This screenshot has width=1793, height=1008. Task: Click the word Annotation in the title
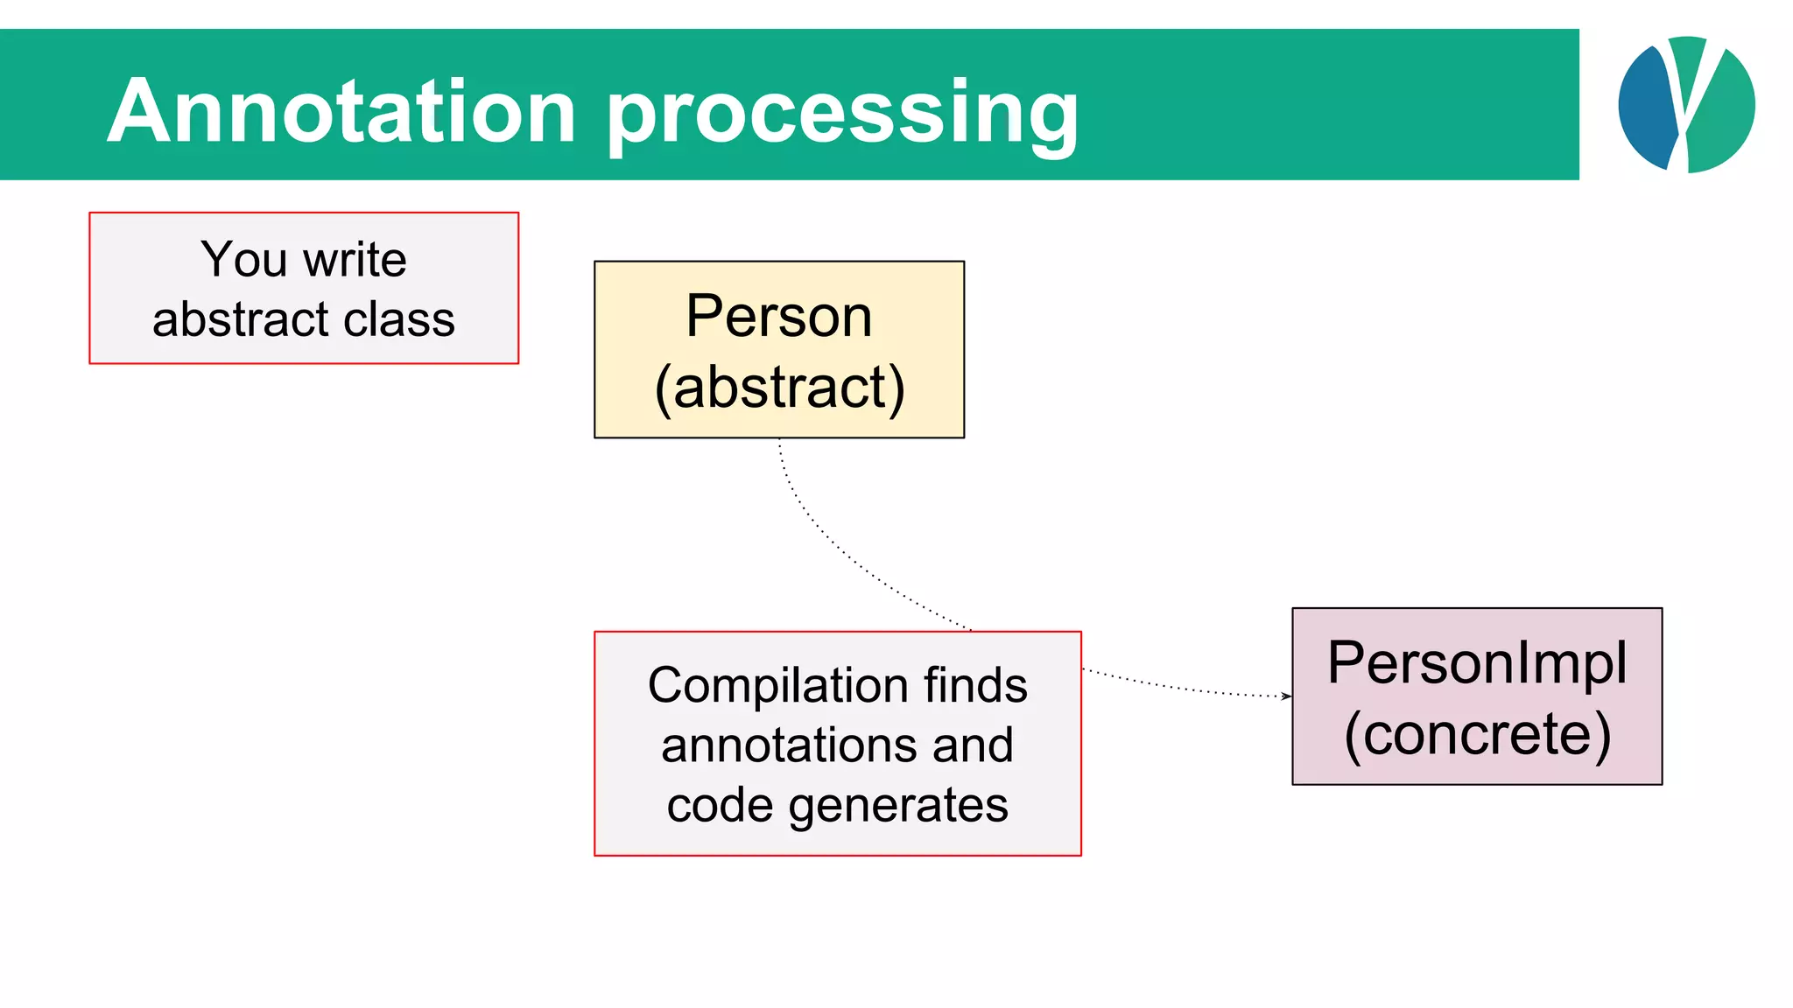click(341, 111)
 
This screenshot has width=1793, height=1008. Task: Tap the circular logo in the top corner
click(1686, 104)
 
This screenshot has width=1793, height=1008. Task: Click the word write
click(355, 260)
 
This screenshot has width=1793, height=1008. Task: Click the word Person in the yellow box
click(778, 316)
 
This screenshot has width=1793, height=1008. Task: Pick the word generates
click(898, 805)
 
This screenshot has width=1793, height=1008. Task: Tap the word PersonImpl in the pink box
click(1477, 662)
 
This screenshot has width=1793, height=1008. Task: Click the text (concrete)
click(1477, 733)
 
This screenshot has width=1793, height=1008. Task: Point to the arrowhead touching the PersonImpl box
click(1286, 696)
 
